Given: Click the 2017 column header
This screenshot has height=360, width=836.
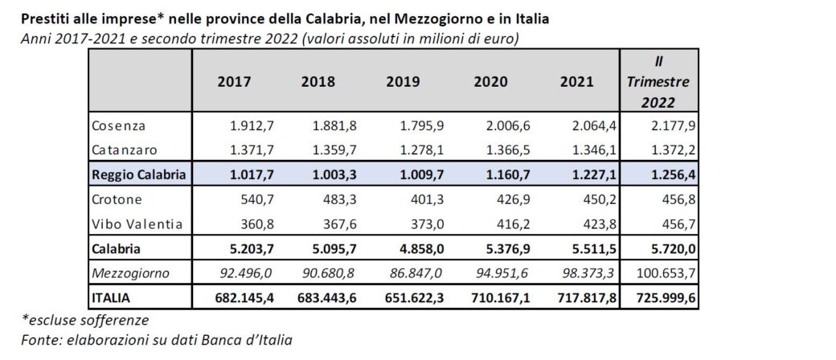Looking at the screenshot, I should pyautogui.click(x=234, y=82).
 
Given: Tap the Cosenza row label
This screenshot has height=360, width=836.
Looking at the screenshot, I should pyautogui.click(x=118, y=127).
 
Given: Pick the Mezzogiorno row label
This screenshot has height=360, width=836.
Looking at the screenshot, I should pyautogui.click(x=130, y=273).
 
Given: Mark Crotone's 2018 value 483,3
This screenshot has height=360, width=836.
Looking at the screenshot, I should pyautogui.click(x=336, y=198).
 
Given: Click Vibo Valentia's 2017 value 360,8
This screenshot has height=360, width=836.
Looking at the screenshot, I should pyautogui.click(x=252, y=223).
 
